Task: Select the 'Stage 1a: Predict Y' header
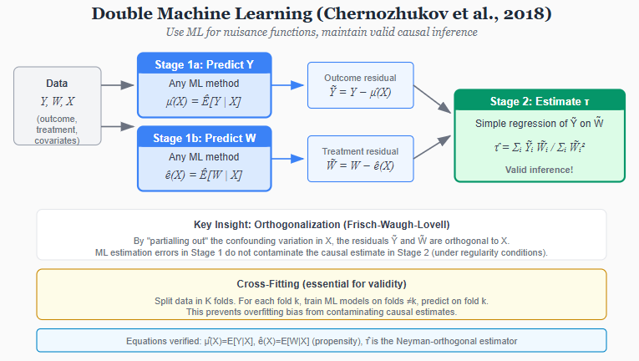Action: tap(204, 64)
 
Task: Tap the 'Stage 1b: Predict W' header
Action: tap(204, 136)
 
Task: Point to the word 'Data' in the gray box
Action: tap(57, 84)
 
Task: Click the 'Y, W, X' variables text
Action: tap(57, 101)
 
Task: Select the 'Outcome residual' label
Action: tap(361, 78)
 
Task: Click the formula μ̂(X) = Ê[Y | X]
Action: tap(204, 102)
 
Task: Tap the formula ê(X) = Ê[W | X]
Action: tap(204, 175)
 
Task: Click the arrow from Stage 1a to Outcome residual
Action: tap(289, 85)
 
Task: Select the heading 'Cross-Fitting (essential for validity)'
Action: tap(322, 283)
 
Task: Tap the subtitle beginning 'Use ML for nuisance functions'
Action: tap(322, 32)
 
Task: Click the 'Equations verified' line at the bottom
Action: tap(322, 341)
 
